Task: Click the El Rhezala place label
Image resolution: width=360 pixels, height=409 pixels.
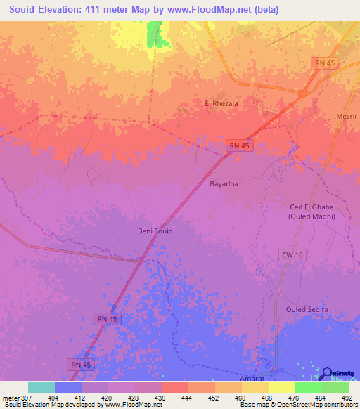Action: [x=221, y=103]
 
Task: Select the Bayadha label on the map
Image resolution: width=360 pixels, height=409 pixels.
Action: [x=224, y=184]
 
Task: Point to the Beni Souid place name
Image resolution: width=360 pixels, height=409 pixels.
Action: [x=155, y=231]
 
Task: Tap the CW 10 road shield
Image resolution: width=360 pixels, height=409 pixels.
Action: [x=292, y=254]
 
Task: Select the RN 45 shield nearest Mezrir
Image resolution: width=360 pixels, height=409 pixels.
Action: [x=324, y=63]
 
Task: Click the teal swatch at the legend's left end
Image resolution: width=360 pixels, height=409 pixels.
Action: [x=41, y=387]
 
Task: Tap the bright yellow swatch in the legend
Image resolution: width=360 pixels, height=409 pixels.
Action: [x=282, y=387]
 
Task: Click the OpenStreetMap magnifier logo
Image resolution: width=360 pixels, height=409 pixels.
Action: [x=328, y=373]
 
